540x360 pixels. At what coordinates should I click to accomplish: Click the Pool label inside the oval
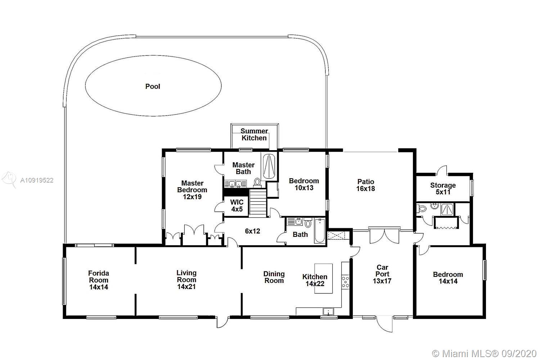tap(153, 86)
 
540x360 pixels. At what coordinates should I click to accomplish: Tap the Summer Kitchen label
tap(254, 134)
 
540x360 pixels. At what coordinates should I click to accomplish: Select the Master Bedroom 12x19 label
tap(192, 190)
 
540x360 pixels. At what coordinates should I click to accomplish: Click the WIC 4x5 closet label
tap(237, 206)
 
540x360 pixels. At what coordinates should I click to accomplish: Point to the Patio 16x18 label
tap(366, 185)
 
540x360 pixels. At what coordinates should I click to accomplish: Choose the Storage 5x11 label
tap(443, 189)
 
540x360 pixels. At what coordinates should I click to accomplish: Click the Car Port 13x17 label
tap(382, 274)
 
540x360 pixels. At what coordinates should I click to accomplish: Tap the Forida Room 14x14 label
tap(99, 280)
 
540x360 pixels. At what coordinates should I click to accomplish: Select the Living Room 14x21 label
tap(186, 279)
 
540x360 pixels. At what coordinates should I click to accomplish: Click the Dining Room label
tap(274, 277)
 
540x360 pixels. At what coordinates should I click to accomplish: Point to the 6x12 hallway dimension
tap(252, 231)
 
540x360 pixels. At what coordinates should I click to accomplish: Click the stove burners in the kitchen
tap(346, 282)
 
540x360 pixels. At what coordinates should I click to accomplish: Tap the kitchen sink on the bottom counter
tap(328, 311)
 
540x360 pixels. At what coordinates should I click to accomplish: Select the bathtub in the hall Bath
tap(320, 231)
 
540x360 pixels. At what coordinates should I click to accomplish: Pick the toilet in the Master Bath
tap(257, 182)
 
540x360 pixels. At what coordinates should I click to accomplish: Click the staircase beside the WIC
tap(258, 203)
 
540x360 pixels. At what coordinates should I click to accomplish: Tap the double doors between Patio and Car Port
tap(384, 235)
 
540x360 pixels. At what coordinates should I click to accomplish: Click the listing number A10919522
tap(37, 180)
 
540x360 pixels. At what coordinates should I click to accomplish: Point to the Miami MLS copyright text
tap(484, 354)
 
